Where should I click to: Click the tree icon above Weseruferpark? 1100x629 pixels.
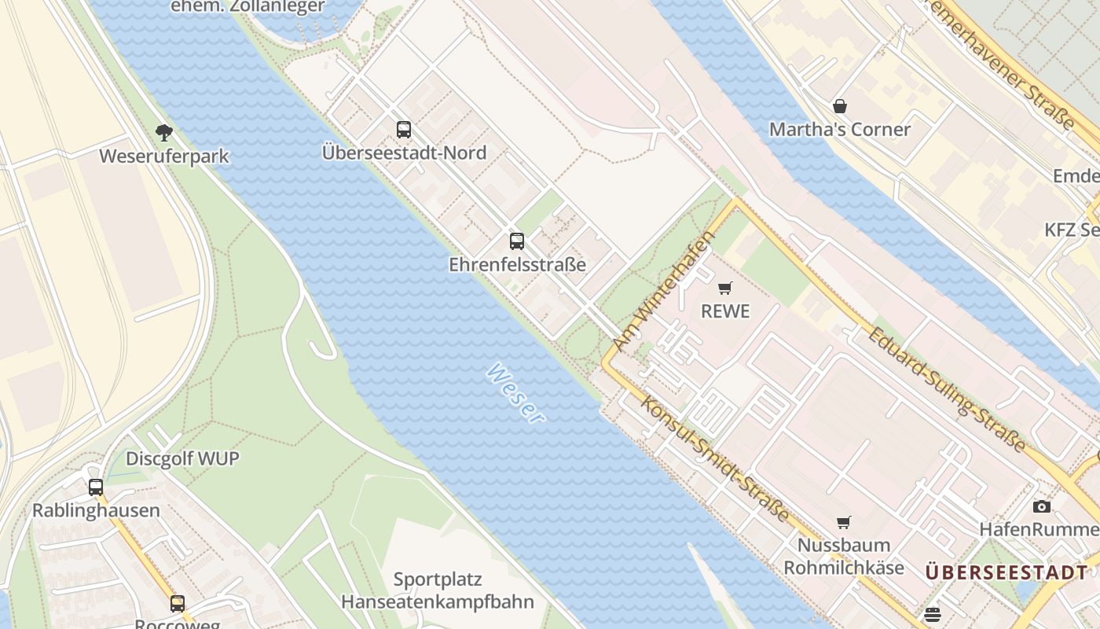click(x=163, y=132)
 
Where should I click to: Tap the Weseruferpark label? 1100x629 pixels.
click(x=163, y=156)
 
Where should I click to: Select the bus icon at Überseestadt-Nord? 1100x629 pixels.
click(x=404, y=130)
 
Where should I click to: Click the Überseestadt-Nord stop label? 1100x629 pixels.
click(x=404, y=153)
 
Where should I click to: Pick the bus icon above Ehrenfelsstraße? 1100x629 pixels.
click(x=516, y=241)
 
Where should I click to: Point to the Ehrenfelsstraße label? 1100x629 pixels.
click(x=517, y=264)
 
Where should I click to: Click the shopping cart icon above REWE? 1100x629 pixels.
click(x=724, y=289)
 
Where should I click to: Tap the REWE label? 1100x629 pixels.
click(x=724, y=311)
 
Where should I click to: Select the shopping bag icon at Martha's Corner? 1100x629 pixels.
click(x=840, y=106)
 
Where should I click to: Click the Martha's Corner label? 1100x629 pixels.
click(x=839, y=129)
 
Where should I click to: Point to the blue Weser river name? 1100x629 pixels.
click(x=515, y=393)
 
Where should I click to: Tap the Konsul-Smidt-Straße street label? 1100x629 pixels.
click(x=715, y=458)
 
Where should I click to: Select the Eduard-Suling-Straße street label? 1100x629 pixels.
click(x=946, y=389)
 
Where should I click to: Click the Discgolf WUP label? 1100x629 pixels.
click(x=182, y=458)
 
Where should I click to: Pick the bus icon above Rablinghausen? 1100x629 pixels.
click(x=96, y=487)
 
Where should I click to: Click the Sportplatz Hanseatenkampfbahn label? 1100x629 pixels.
click(x=437, y=591)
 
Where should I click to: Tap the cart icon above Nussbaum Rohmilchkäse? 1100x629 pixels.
click(x=844, y=523)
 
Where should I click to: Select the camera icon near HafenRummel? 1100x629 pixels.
click(x=1042, y=507)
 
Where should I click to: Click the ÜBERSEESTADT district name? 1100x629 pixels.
click(x=1006, y=572)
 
